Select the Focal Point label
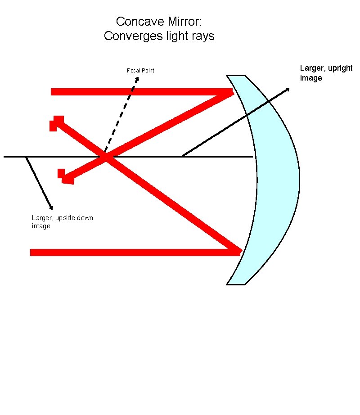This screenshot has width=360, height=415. (x=140, y=71)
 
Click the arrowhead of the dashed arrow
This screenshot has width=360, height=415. (x=137, y=79)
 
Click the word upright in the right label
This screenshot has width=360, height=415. (x=339, y=68)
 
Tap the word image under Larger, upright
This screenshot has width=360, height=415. (x=311, y=78)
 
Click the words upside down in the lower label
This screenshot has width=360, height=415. (x=74, y=218)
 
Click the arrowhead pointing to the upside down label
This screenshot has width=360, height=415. (x=51, y=207)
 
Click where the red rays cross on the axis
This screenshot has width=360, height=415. (x=105, y=157)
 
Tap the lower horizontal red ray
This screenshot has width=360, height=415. (x=135, y=252)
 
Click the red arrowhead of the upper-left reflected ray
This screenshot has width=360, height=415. (x=56, y=122)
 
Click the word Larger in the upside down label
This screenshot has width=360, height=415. (x=42, y=218)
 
